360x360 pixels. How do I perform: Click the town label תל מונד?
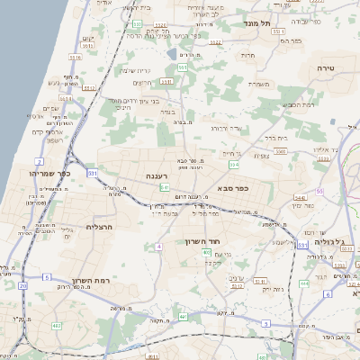click(268, 23)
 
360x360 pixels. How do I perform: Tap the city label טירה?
click(325, 68)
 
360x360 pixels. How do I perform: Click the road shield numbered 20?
click(20, 285)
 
